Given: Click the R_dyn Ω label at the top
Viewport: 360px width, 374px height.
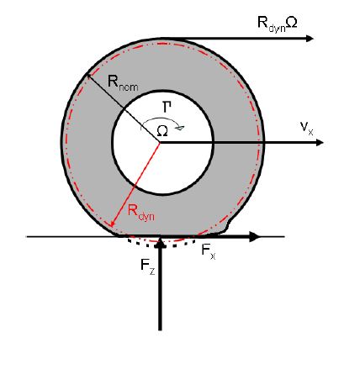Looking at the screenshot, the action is (277, 24).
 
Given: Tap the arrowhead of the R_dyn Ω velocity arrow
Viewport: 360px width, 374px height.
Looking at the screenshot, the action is (310, 39).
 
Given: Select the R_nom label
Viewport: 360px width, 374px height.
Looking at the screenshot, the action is (123, 83).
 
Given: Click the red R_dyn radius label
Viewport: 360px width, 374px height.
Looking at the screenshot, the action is (141, 213).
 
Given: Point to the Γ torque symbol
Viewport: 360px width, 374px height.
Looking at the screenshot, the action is (167, 108).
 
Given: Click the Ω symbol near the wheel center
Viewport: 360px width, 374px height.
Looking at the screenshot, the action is (162, 131).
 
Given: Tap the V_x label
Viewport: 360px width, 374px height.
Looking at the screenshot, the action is (306, 129).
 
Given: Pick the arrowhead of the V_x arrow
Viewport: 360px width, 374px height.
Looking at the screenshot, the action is (320, 143).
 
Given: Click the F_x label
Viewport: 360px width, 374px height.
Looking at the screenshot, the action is (209, 250).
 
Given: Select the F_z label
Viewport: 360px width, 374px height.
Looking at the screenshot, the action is (148, 266).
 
